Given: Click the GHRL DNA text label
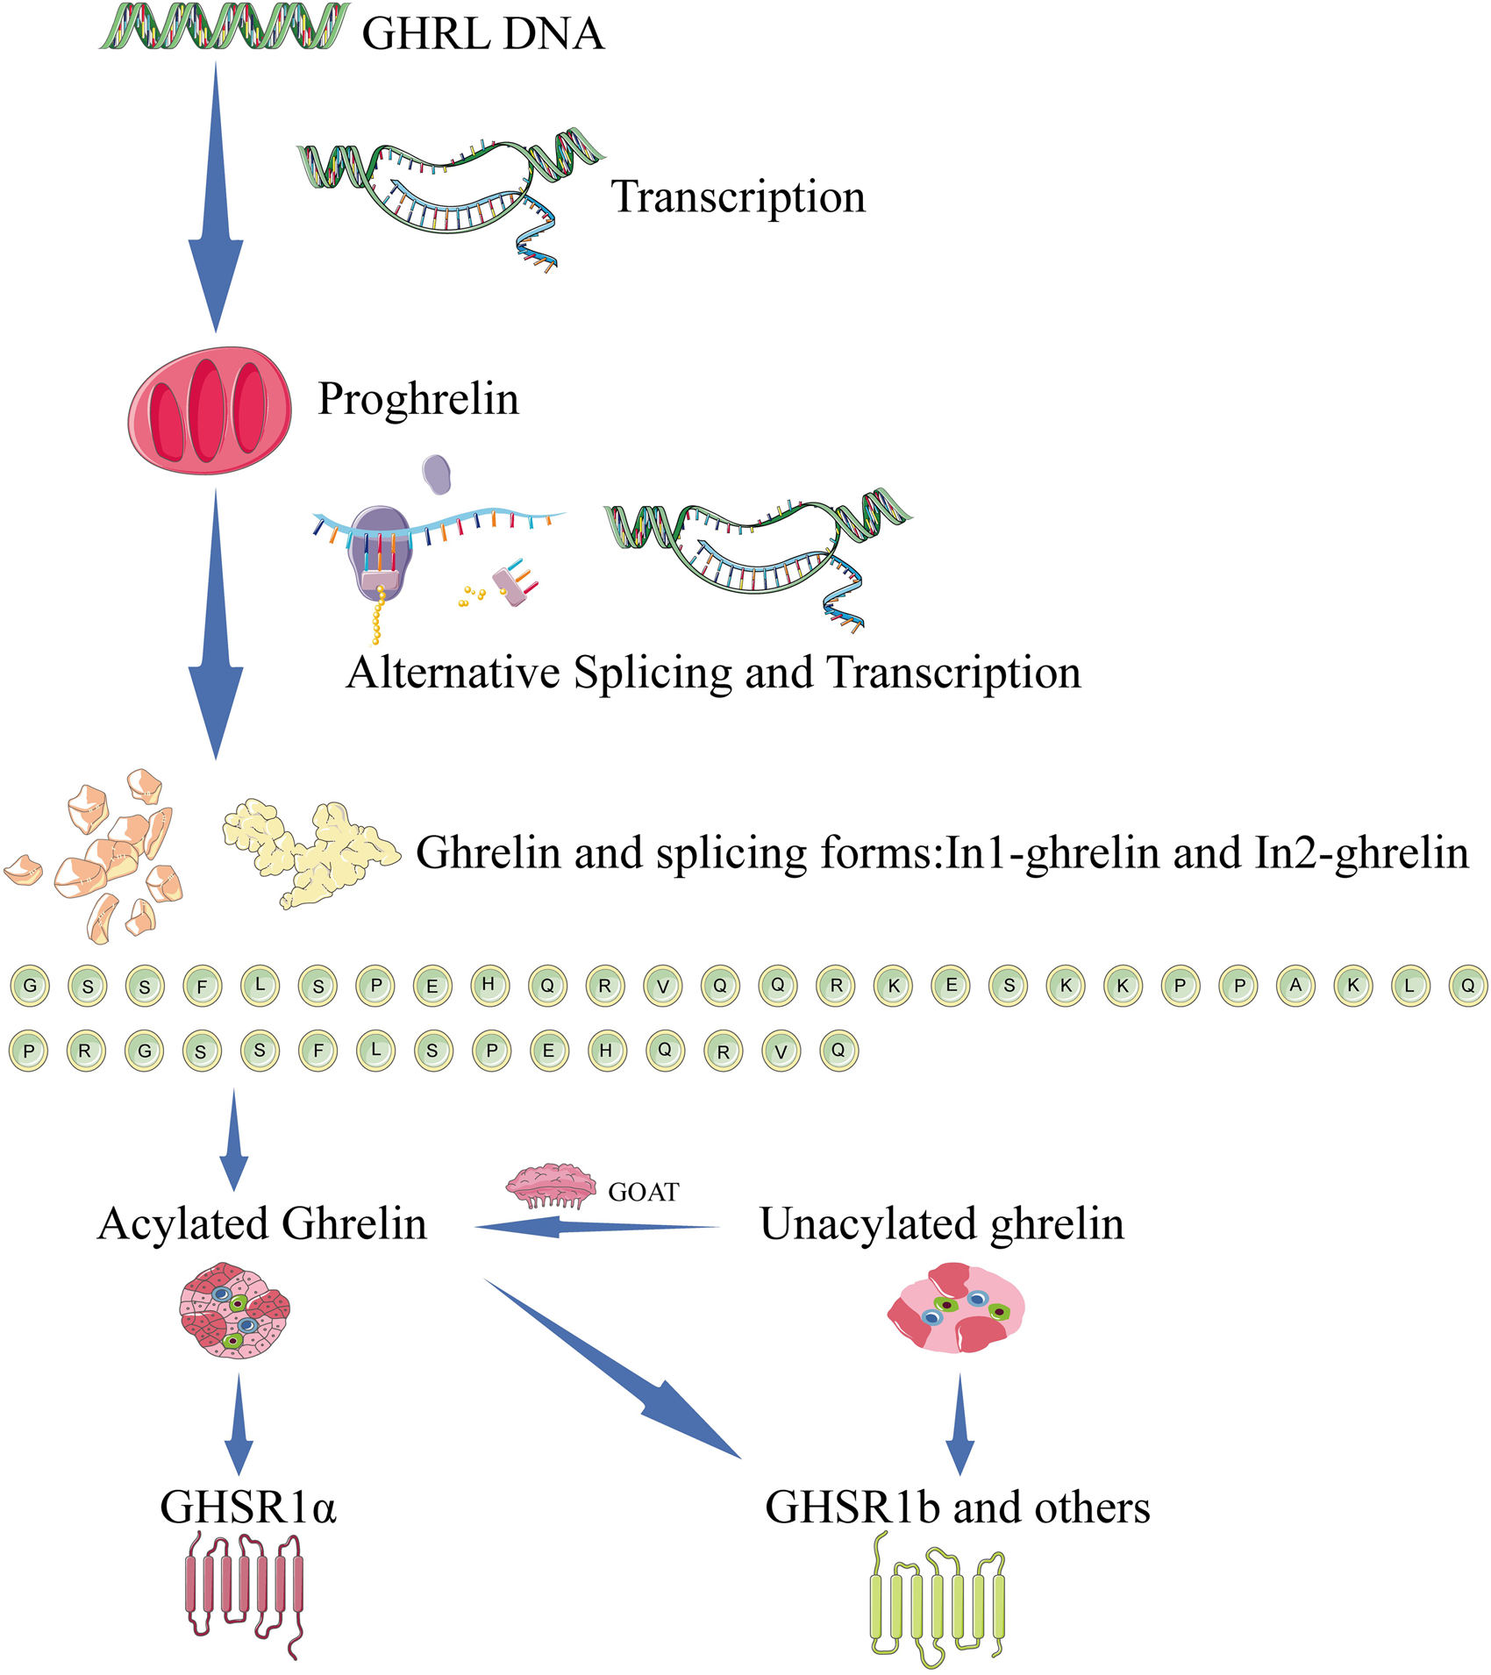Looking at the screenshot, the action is (x=483, y=33).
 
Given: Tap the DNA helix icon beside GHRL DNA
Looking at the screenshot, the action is (x=225, y=26).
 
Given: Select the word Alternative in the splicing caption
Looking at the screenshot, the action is (x=453, y=674).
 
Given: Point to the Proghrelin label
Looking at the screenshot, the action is (x=418, y=399).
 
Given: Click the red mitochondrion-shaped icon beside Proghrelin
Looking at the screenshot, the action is (x=210, y=410).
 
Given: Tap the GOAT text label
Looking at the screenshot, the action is (x=644, y=1192).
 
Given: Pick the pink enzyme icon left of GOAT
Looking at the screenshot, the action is (x=550, y=1186).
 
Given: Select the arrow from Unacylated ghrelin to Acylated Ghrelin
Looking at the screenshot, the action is (x=597, y=1227).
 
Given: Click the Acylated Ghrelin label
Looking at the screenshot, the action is (x=262, y=1223).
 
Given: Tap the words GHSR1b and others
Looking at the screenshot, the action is (x=958, y=1507).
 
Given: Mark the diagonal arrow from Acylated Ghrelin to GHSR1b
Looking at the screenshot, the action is (x=613, y=1369).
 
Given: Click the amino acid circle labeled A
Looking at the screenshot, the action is (x=1295, y=985).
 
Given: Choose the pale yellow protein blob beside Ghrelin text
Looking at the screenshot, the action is (x=311, y=852).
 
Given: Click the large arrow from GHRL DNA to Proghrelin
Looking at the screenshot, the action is (x=216, y=196).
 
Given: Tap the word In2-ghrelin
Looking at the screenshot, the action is (x=1362, y=853).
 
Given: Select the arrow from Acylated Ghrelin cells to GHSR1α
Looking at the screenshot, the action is (x=239, y=1425).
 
